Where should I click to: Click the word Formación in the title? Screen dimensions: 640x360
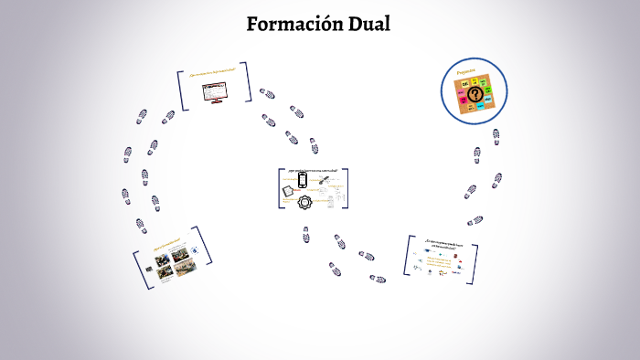[x=292, y=24]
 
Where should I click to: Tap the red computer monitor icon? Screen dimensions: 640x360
[x=217, y=92]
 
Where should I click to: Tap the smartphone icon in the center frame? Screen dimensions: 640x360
[x=303, y=181]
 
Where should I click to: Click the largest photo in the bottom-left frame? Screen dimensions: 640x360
[x=162, y=261]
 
